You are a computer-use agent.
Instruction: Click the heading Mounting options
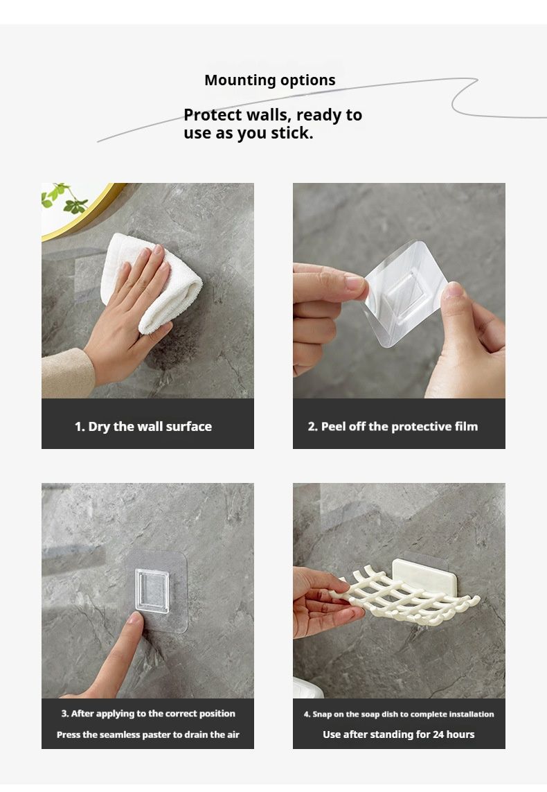point(269,80)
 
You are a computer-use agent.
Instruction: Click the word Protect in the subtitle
point(213,115)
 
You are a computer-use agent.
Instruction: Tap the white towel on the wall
point(152,282)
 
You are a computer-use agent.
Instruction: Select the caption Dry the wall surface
point(143,427)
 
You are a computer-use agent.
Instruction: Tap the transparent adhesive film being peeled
point(404,292)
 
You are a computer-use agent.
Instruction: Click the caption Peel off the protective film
point(393,427)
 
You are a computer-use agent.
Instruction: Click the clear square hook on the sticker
point(152,591)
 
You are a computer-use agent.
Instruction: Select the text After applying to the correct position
point(148,714)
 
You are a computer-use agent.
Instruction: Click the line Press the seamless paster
point(148,735)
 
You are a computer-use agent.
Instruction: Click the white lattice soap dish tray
point(404,596)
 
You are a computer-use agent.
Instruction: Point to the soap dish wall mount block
point(425,576)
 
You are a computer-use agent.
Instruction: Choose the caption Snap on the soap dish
point(399,714)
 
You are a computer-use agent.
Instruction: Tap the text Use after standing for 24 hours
point(399,735)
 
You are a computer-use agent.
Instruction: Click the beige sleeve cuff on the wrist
point(67,373)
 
